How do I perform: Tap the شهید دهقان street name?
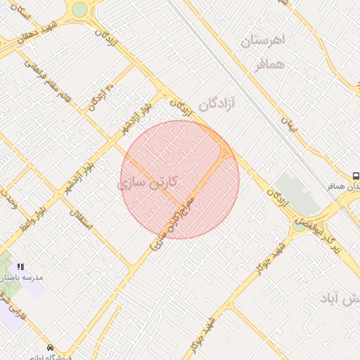point(22,33)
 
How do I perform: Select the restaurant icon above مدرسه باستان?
point(20,266)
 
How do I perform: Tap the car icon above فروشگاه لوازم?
point(50,348)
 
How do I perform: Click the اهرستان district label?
point(264,40)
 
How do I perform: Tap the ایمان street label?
point(289,127)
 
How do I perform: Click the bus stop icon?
point(356,176)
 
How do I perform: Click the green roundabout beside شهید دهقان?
point(79,8)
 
